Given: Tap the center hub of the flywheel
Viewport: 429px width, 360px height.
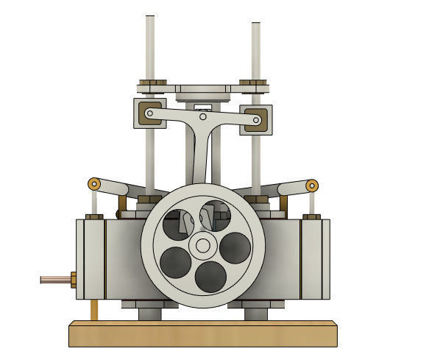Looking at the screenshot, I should tap(202, 246).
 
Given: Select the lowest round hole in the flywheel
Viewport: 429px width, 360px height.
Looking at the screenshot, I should tap(210, 275).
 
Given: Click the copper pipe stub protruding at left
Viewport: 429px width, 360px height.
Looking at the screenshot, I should tap(54, 279).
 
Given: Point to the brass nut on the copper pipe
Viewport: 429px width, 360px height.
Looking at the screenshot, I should tap(73, 279).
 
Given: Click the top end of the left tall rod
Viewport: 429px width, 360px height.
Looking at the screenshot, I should tap(150, 18).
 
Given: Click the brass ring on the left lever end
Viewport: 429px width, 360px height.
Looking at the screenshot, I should tap(93, 183).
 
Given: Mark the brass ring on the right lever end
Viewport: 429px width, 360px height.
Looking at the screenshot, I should tap(312, 184).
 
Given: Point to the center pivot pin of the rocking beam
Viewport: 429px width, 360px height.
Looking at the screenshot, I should tap(203, 116).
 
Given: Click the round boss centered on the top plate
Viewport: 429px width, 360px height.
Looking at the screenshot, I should tap(203, 90).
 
